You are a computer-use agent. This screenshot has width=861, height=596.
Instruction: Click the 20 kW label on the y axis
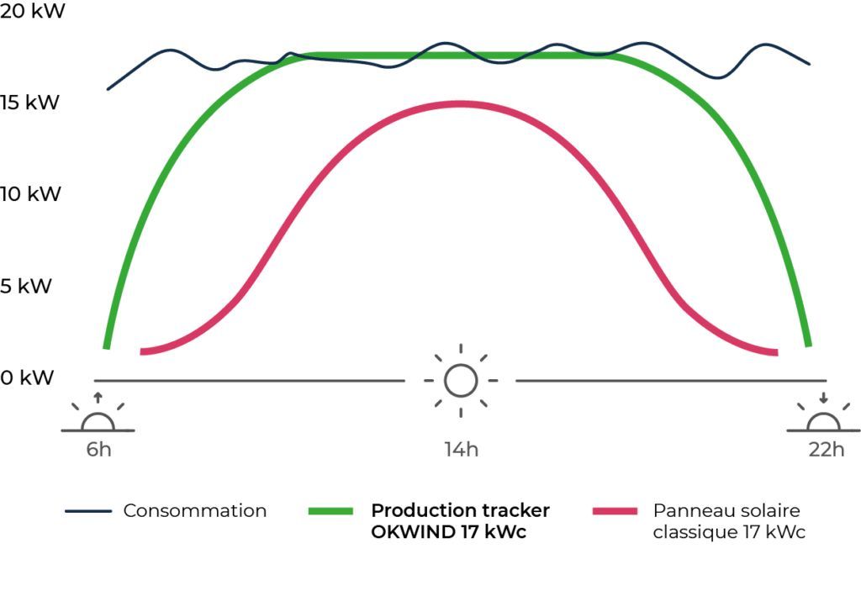click(31, 11)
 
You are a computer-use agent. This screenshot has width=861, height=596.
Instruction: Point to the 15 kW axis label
click(31, 103)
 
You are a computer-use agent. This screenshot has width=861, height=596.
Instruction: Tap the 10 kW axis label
click(31, 194)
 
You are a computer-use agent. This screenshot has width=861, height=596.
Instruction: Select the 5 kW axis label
click(26, 286)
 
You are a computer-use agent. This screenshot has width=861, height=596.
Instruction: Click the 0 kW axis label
click(26, 377)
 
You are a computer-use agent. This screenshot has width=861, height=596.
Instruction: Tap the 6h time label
click(98, 450)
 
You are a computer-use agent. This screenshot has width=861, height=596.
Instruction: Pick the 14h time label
click(462, 450)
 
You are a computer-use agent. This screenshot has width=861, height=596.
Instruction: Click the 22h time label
click(826, 450)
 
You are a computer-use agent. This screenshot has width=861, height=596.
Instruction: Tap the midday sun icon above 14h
click(461, 380)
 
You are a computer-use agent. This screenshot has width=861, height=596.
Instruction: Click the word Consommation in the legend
click(194, 510)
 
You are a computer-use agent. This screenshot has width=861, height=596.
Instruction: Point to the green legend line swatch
click(330, 510)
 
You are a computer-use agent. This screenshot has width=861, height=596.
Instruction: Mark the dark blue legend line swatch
click(88, 510)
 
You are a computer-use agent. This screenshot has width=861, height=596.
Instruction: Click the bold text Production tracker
click(460, 510)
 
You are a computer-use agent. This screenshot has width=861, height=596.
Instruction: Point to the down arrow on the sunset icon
click(823, 396)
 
